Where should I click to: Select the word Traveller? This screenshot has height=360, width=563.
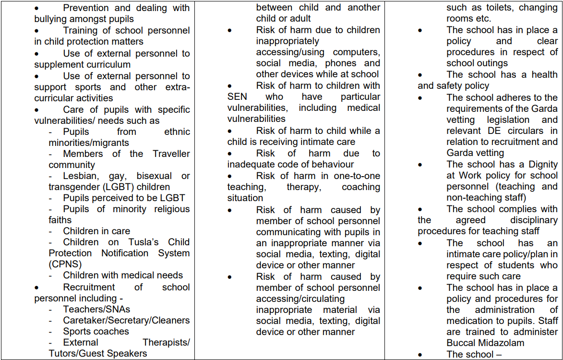point(171,154)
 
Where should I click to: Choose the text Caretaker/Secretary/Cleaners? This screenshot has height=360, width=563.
point(126,320)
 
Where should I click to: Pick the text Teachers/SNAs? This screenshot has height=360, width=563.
point(96,309)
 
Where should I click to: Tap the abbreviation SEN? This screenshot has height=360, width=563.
point(237,96)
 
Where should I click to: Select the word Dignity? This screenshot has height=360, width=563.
point(542,164)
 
